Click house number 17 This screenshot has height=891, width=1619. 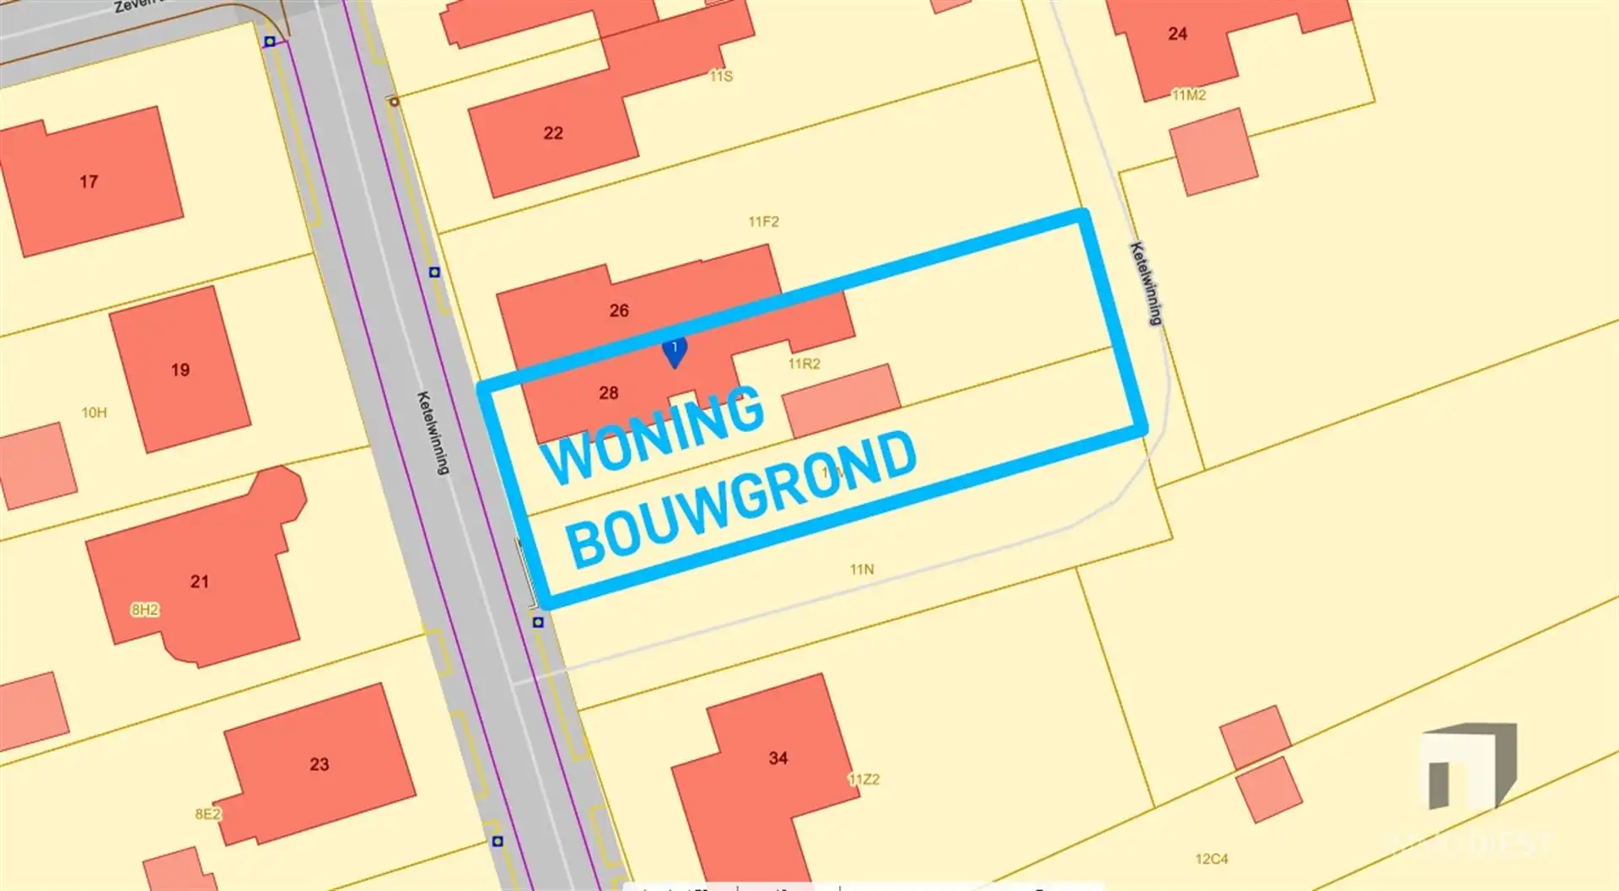coord(89,181)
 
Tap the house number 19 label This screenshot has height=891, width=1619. coord(180,370)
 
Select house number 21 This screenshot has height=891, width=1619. coord(199,581)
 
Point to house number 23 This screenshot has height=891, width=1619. coord(319,764)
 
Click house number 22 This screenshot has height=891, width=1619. coord(553,133)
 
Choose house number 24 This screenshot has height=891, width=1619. coord(1178,34)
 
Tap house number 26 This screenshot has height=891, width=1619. coord(619,310)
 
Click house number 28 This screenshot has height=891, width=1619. coord(609,392)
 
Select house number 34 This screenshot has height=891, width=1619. coord(778,759)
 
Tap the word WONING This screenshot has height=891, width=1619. coord(654,435)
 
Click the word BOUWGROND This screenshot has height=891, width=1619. coord(742,499)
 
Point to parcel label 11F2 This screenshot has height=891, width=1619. coord(764,222)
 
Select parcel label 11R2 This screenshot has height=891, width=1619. coord(804,364)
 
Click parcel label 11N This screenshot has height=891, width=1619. coord(862,570)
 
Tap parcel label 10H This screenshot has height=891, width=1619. coord(94,413)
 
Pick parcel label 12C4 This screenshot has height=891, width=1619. coord(1211,859)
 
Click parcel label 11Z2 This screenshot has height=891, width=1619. coord(864,780)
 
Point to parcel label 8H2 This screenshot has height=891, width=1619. coord(145,609)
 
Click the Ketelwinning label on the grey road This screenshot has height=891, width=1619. coord(433,432)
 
